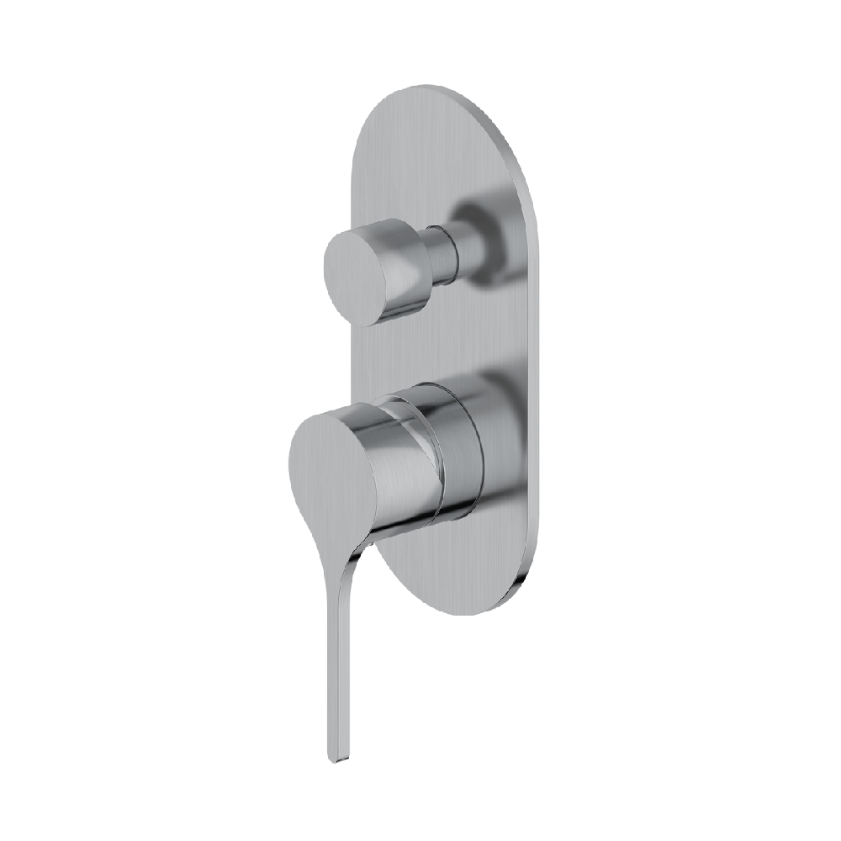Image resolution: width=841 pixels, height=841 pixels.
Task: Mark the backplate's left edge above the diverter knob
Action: pos(353,168)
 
